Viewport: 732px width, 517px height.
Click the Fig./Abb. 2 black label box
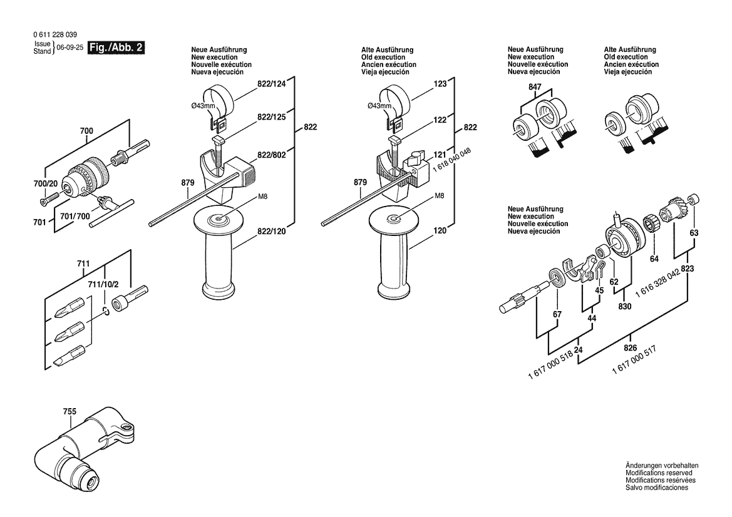click(x=116, y=48)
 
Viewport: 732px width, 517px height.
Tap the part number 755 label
click(x=70, y=412)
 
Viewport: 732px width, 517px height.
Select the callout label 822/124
click(x=272, y=84)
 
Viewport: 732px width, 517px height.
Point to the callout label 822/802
click(x=272, y=155)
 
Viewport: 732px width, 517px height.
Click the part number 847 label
click(x=535, y=87)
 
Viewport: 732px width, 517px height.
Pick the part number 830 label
click(x=625, y=306)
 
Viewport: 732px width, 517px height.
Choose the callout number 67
click(x=557, y=314)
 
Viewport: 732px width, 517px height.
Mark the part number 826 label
click(x=630, y=347)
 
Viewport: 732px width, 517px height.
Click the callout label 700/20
click(x=46, y=184)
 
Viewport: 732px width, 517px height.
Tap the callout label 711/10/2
click(x=104, y=285)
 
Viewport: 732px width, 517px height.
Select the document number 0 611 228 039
click(x=55, y=34)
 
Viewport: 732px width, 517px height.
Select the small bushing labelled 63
click(x=693, y=198)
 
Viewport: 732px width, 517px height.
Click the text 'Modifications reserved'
click(x=659, y=473)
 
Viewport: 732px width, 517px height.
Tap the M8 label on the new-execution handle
click(x=263, y=197)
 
